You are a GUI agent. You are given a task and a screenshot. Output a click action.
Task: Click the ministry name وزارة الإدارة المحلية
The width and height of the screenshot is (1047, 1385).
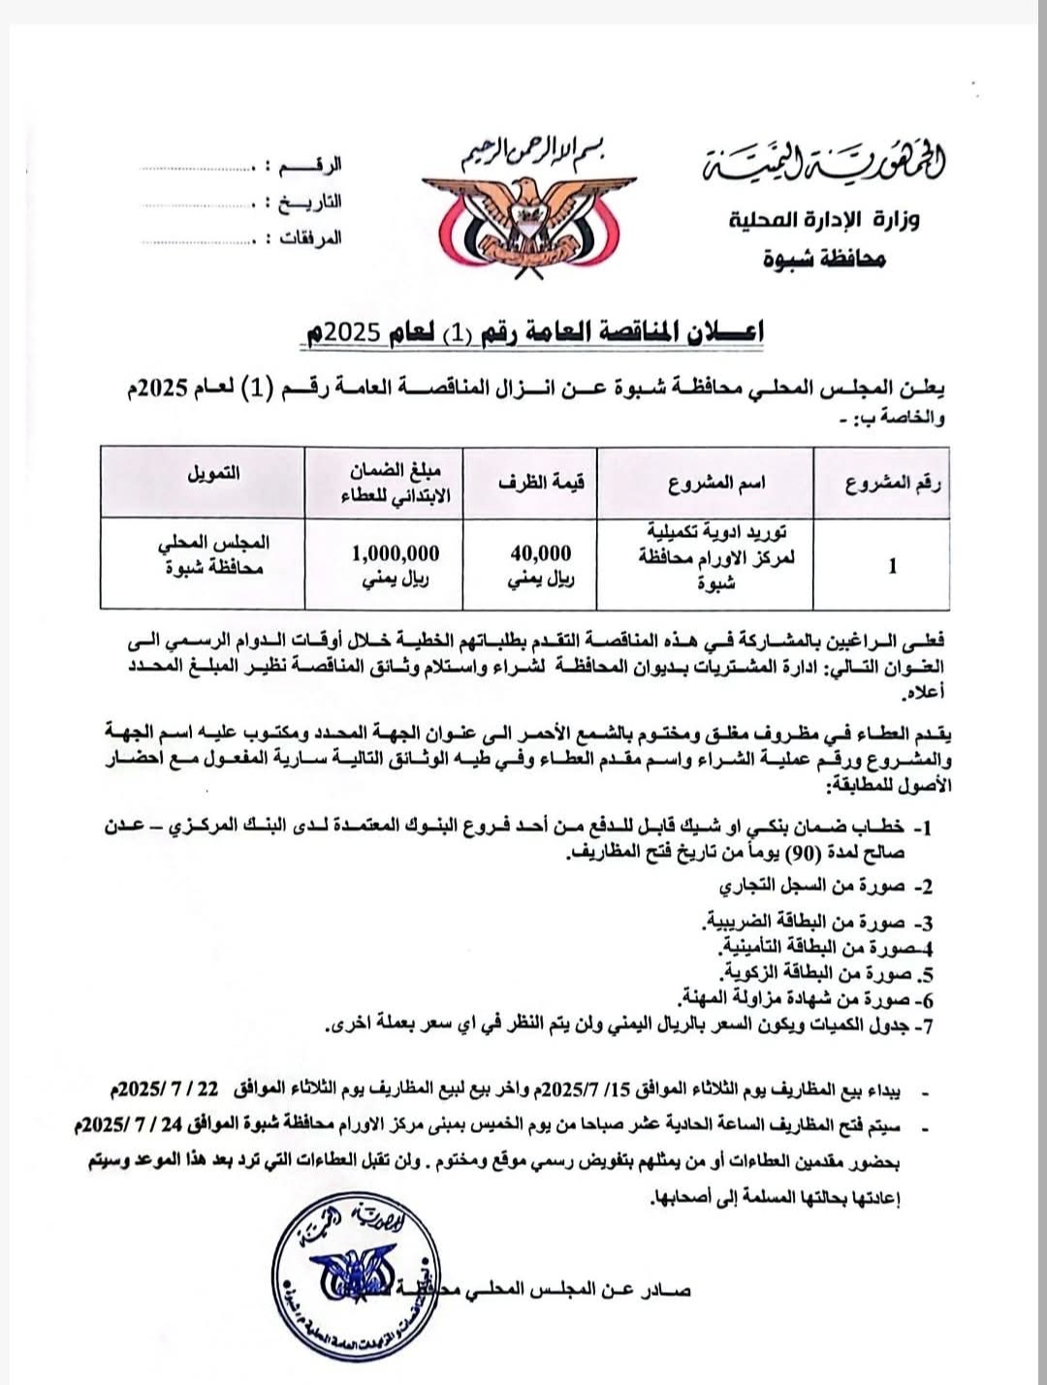coord(824,221)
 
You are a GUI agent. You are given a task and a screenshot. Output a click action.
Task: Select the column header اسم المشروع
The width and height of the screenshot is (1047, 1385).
coord(716,484)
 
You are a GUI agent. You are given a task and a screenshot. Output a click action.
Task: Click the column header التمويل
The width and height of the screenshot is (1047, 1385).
coord(213,474)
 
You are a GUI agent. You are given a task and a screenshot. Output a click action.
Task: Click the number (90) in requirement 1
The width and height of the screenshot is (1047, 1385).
coord(803,853)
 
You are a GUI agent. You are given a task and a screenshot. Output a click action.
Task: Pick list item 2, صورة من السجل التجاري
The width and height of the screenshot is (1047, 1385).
coord(824,886)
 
